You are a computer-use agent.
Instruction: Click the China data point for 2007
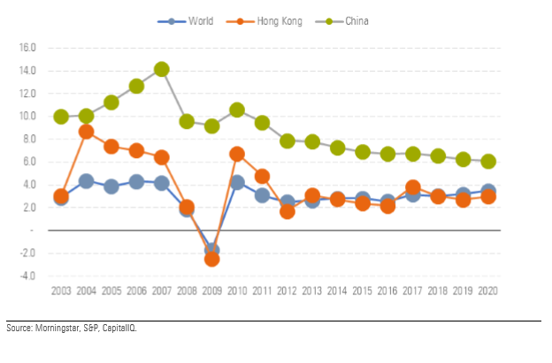click(x=161, y=69)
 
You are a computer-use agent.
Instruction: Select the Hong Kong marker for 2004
click(x=86, y=132)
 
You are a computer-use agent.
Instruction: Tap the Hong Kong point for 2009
click(x=211, y=259)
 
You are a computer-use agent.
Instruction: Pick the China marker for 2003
click(x=61, y=117)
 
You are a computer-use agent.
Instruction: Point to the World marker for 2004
click(x=86, y=181)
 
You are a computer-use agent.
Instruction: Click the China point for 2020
click(x=487, y=162)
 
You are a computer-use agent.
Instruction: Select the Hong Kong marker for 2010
click(x=237, y=154)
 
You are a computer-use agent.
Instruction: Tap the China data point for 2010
click(x=237, y=110)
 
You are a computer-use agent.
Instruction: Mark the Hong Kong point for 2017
click(x=412, y=187)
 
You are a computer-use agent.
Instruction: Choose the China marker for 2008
click(x=187, y=121)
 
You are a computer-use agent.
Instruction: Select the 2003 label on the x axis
click(x=61, y=291)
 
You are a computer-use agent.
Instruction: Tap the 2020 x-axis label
click(x=487, y=291)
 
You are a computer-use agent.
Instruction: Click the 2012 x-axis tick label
click(x=287, y=291)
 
